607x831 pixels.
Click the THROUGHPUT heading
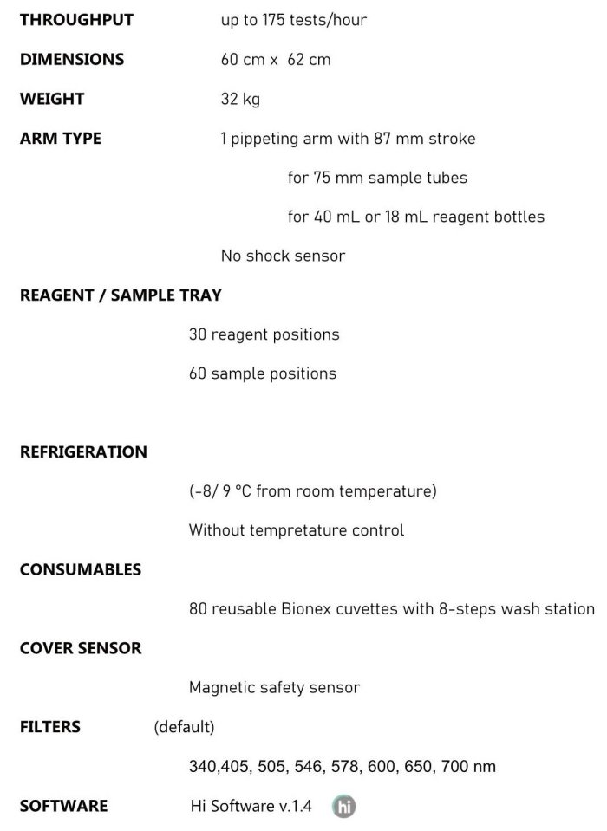76,20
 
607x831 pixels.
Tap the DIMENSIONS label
72,60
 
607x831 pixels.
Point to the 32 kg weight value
240,100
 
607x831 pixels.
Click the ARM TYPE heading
61,139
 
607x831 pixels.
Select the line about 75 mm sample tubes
377,178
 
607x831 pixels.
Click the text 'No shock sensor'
283,256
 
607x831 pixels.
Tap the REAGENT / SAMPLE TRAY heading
121,295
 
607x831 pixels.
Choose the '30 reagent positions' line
264,334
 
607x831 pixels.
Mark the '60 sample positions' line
263,374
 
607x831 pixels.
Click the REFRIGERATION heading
83,452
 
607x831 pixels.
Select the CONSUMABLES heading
81,570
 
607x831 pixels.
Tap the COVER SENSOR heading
81,648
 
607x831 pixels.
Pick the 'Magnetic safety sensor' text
274,688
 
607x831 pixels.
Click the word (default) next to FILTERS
184,727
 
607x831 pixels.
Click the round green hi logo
344,807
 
